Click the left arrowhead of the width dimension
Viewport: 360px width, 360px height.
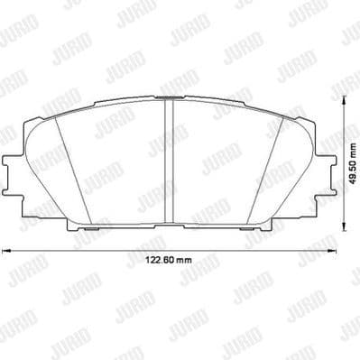pos(4,251)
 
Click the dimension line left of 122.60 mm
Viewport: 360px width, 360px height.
pos(72,251)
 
